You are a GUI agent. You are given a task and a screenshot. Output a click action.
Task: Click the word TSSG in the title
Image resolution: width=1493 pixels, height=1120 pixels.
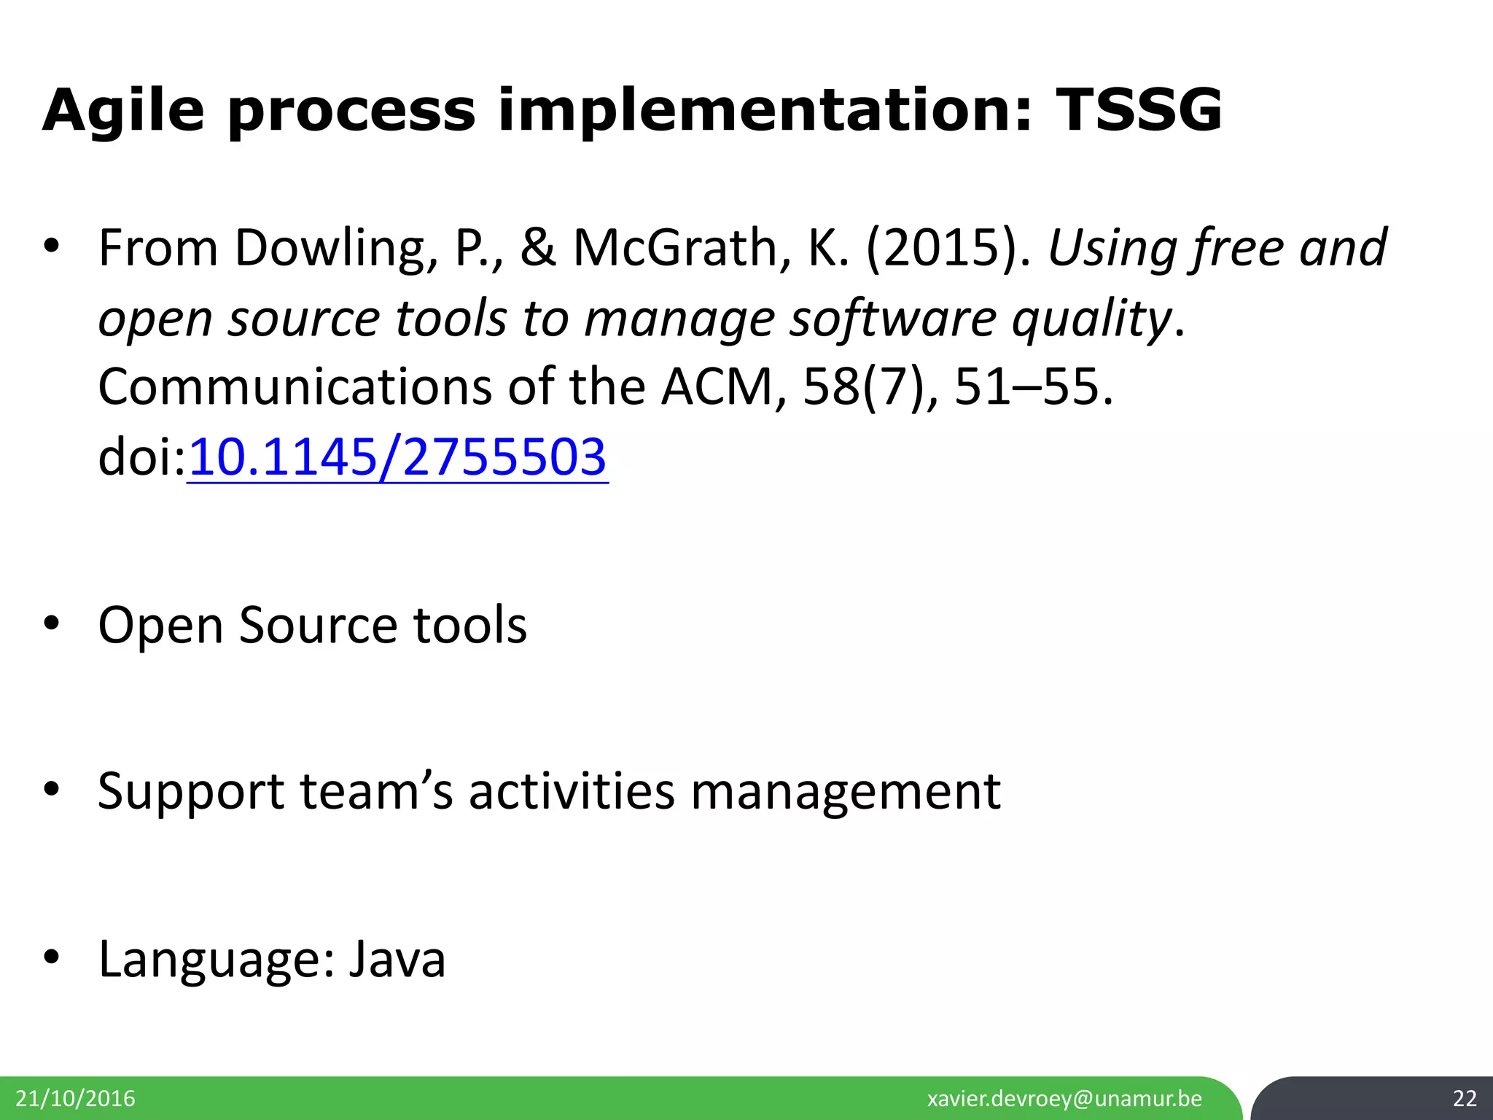(x=1137, y=111)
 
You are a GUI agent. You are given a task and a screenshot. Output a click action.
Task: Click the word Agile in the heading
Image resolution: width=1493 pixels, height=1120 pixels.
(x=124, y=111)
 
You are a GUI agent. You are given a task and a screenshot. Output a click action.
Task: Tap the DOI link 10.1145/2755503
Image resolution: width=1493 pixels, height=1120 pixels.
(x=397, y=458)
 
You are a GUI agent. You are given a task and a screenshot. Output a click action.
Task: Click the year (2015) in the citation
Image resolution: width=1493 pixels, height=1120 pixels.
(x=948, y=249)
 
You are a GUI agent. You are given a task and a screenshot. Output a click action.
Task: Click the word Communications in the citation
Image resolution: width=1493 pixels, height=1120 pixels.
(x=295, y=387)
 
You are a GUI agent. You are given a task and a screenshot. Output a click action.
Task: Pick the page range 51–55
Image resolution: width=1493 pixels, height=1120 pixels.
(x=1034, y=387)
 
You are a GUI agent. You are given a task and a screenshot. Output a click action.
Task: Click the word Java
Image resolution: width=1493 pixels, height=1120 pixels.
(x=397, y=959)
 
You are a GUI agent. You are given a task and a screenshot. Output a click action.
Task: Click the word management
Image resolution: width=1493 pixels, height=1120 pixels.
(x=846, y=792)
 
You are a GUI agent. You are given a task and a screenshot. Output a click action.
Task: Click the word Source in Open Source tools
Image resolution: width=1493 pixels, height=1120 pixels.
(x=318, y=626)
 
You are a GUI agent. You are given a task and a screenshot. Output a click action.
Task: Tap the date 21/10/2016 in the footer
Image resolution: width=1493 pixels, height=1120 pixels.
(x=76, y=1099)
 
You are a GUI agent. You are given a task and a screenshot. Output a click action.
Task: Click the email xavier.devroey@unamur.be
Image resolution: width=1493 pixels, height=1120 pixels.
(x=1064, y=1099)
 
